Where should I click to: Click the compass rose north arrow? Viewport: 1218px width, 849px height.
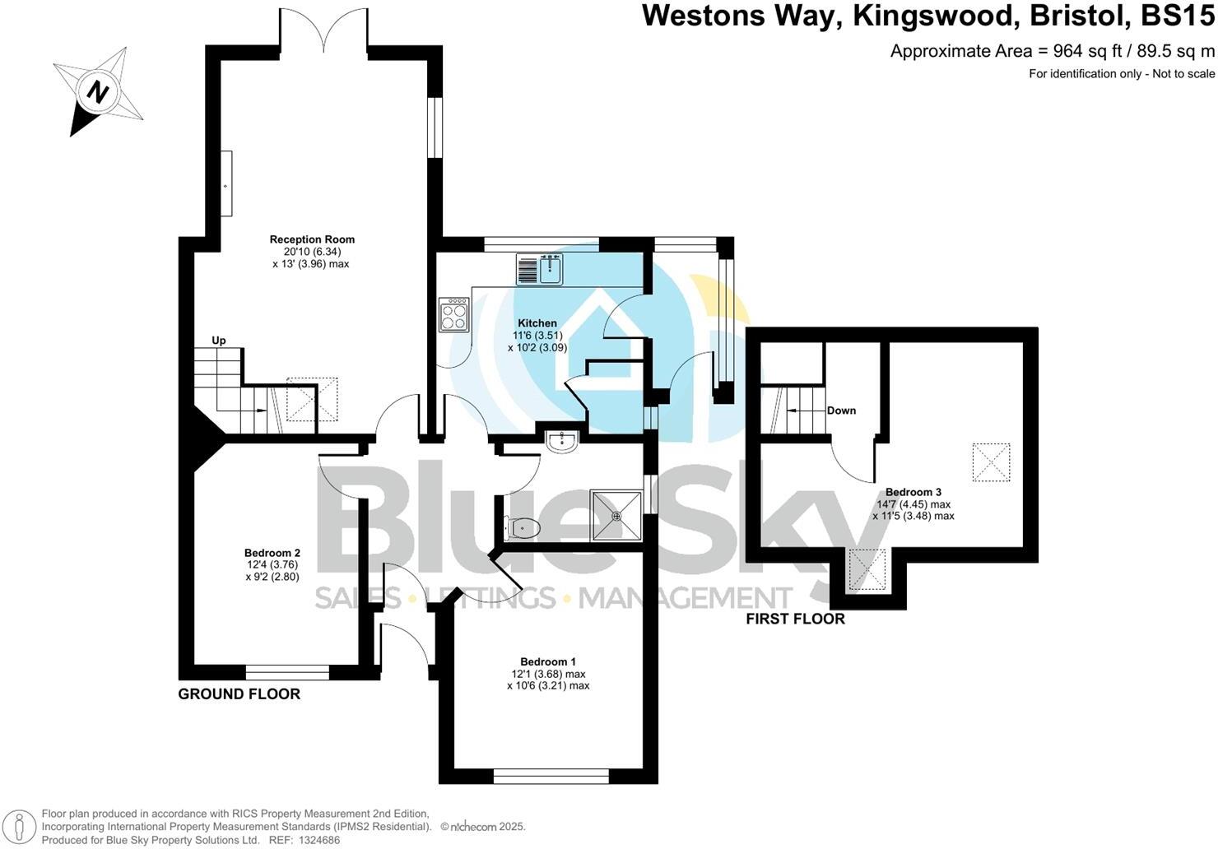[98, 91]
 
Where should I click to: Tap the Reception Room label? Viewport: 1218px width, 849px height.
[312, 239]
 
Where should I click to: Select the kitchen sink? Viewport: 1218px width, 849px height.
[540, 269]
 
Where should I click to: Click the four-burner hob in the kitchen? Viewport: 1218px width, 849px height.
[454, 313]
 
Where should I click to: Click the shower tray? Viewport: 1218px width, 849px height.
[616, 516]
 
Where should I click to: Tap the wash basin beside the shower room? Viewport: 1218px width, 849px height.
[563, 441]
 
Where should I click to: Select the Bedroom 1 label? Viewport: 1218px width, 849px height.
[548, 661]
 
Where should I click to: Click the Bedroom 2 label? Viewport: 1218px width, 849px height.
[272, 553]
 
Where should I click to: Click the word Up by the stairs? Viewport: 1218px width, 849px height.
[219, 341]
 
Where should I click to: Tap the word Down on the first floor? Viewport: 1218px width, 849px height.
[841, 411]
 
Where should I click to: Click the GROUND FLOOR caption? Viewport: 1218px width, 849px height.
[239, 694]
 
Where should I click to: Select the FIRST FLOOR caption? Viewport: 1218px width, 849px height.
[795, 619]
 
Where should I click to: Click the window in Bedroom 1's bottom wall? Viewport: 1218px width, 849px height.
[551, 775]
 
